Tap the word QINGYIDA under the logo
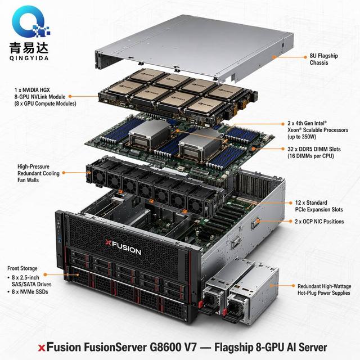(29, 58)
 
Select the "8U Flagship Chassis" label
(324, 59)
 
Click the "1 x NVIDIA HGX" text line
(32, 90)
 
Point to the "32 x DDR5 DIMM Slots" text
(314, 149)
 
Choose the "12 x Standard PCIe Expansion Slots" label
(319, 206)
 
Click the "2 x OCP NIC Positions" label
(319, 222)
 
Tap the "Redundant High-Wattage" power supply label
(325, 286)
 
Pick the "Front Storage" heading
(22, 268)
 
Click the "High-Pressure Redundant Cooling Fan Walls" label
(38, 173)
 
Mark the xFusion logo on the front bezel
(123, 247)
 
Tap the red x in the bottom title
(42, 348)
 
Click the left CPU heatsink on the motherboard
(150, 135)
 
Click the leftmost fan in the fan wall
(99, 176)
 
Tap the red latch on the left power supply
(200, 304)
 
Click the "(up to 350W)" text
(301, 137)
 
